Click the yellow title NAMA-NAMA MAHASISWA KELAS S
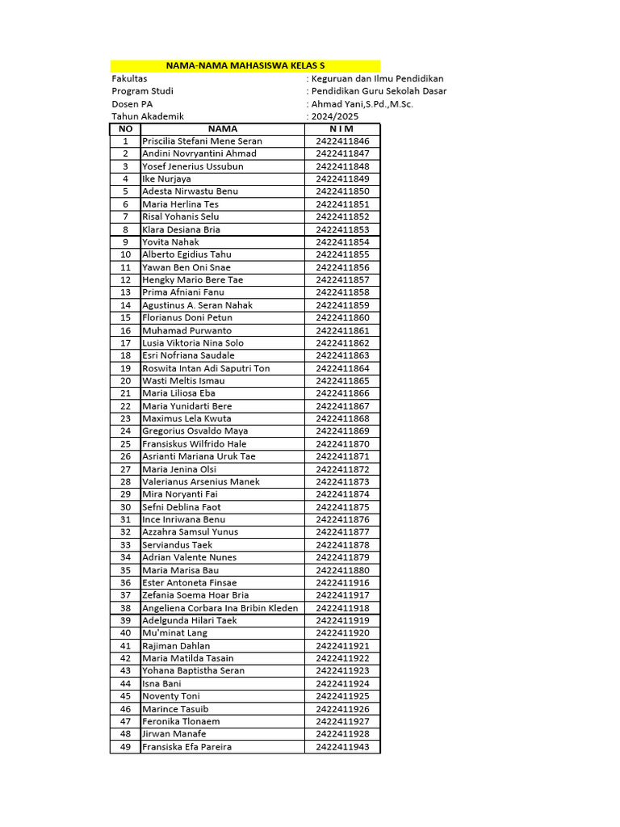tap(245, 65)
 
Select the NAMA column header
tap(223, 128)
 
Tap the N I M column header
tap(342, 128)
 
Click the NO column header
tap(125, 128)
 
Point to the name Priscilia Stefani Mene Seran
tap(202, 141)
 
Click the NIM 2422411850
tap(342, 191)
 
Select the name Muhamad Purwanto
tap(186, 330)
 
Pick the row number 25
tap(125, 444)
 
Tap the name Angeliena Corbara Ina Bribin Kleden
tap(220, 608)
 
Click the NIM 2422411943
tap(342, 747)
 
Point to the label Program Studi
tap(142, 91)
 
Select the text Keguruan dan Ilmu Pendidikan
tap(377, 78)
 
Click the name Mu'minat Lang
tap(174, 633)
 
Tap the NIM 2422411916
tap(342, 582)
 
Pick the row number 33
tap(125, 545)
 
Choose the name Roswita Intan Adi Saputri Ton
tap(206, 368)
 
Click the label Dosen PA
tap(132, 104)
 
